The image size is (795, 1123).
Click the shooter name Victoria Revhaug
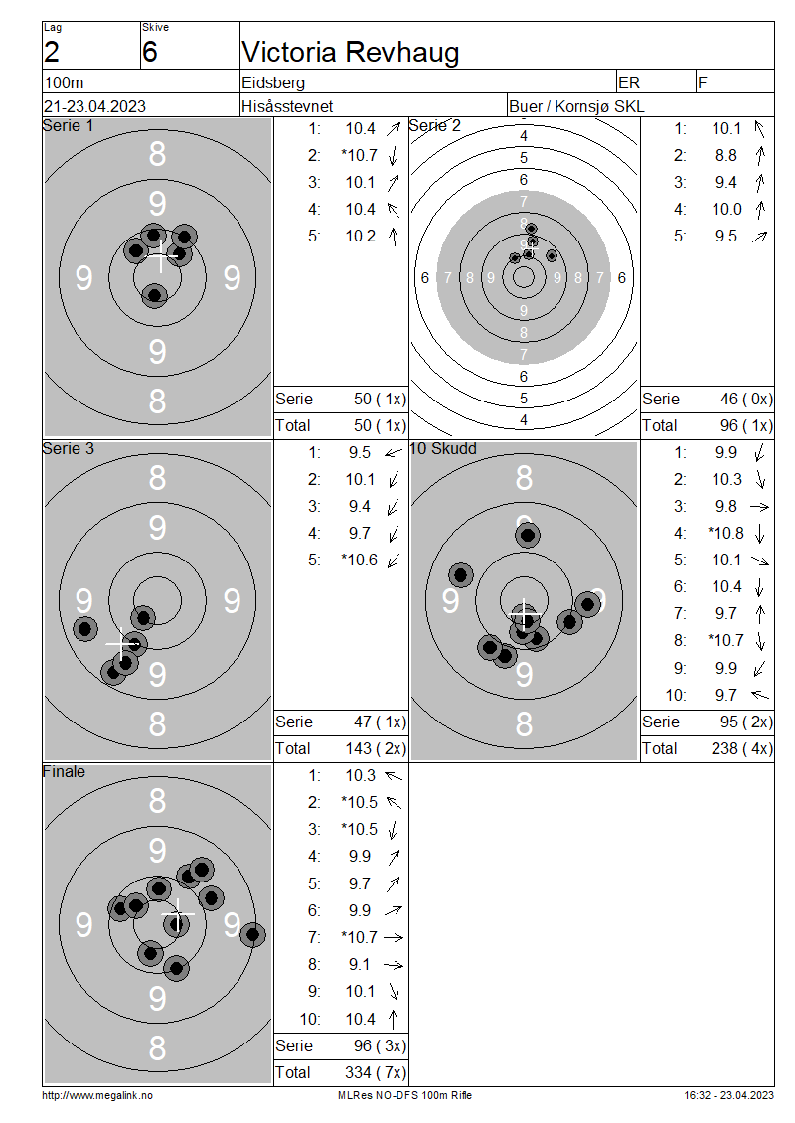(x=350, y=52)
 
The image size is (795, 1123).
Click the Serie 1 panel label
(x=68, y=126)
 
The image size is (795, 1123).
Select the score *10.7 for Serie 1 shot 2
(x=359, y=155)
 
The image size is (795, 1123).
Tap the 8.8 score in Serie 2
(x=725, y=155)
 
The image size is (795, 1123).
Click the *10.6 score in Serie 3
(x=359, y=561)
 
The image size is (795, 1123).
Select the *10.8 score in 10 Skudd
(x=725, y=533)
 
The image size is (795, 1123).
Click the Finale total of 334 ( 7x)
(x=376, y=1072)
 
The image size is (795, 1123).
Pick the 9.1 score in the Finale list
(x=360, y=965)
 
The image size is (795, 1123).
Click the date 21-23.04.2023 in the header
(x=94, y=106)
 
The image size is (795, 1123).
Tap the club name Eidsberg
(x=273, y=82)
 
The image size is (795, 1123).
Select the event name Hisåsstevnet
(x=287, y=106)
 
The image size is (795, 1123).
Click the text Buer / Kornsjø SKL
(x=576, y=106)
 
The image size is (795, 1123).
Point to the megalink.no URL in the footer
(x=97, y=1095)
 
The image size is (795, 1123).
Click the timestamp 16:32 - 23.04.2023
(x=728, y=1095)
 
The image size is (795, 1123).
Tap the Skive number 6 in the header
(x=150, y=53)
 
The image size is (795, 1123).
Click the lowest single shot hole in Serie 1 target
(x=154, y=294)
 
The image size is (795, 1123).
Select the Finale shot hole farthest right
(x=252, y=934)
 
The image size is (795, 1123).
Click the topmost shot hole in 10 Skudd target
(x=527, y=535)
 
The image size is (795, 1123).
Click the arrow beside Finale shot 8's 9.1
(x=394, y=965)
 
